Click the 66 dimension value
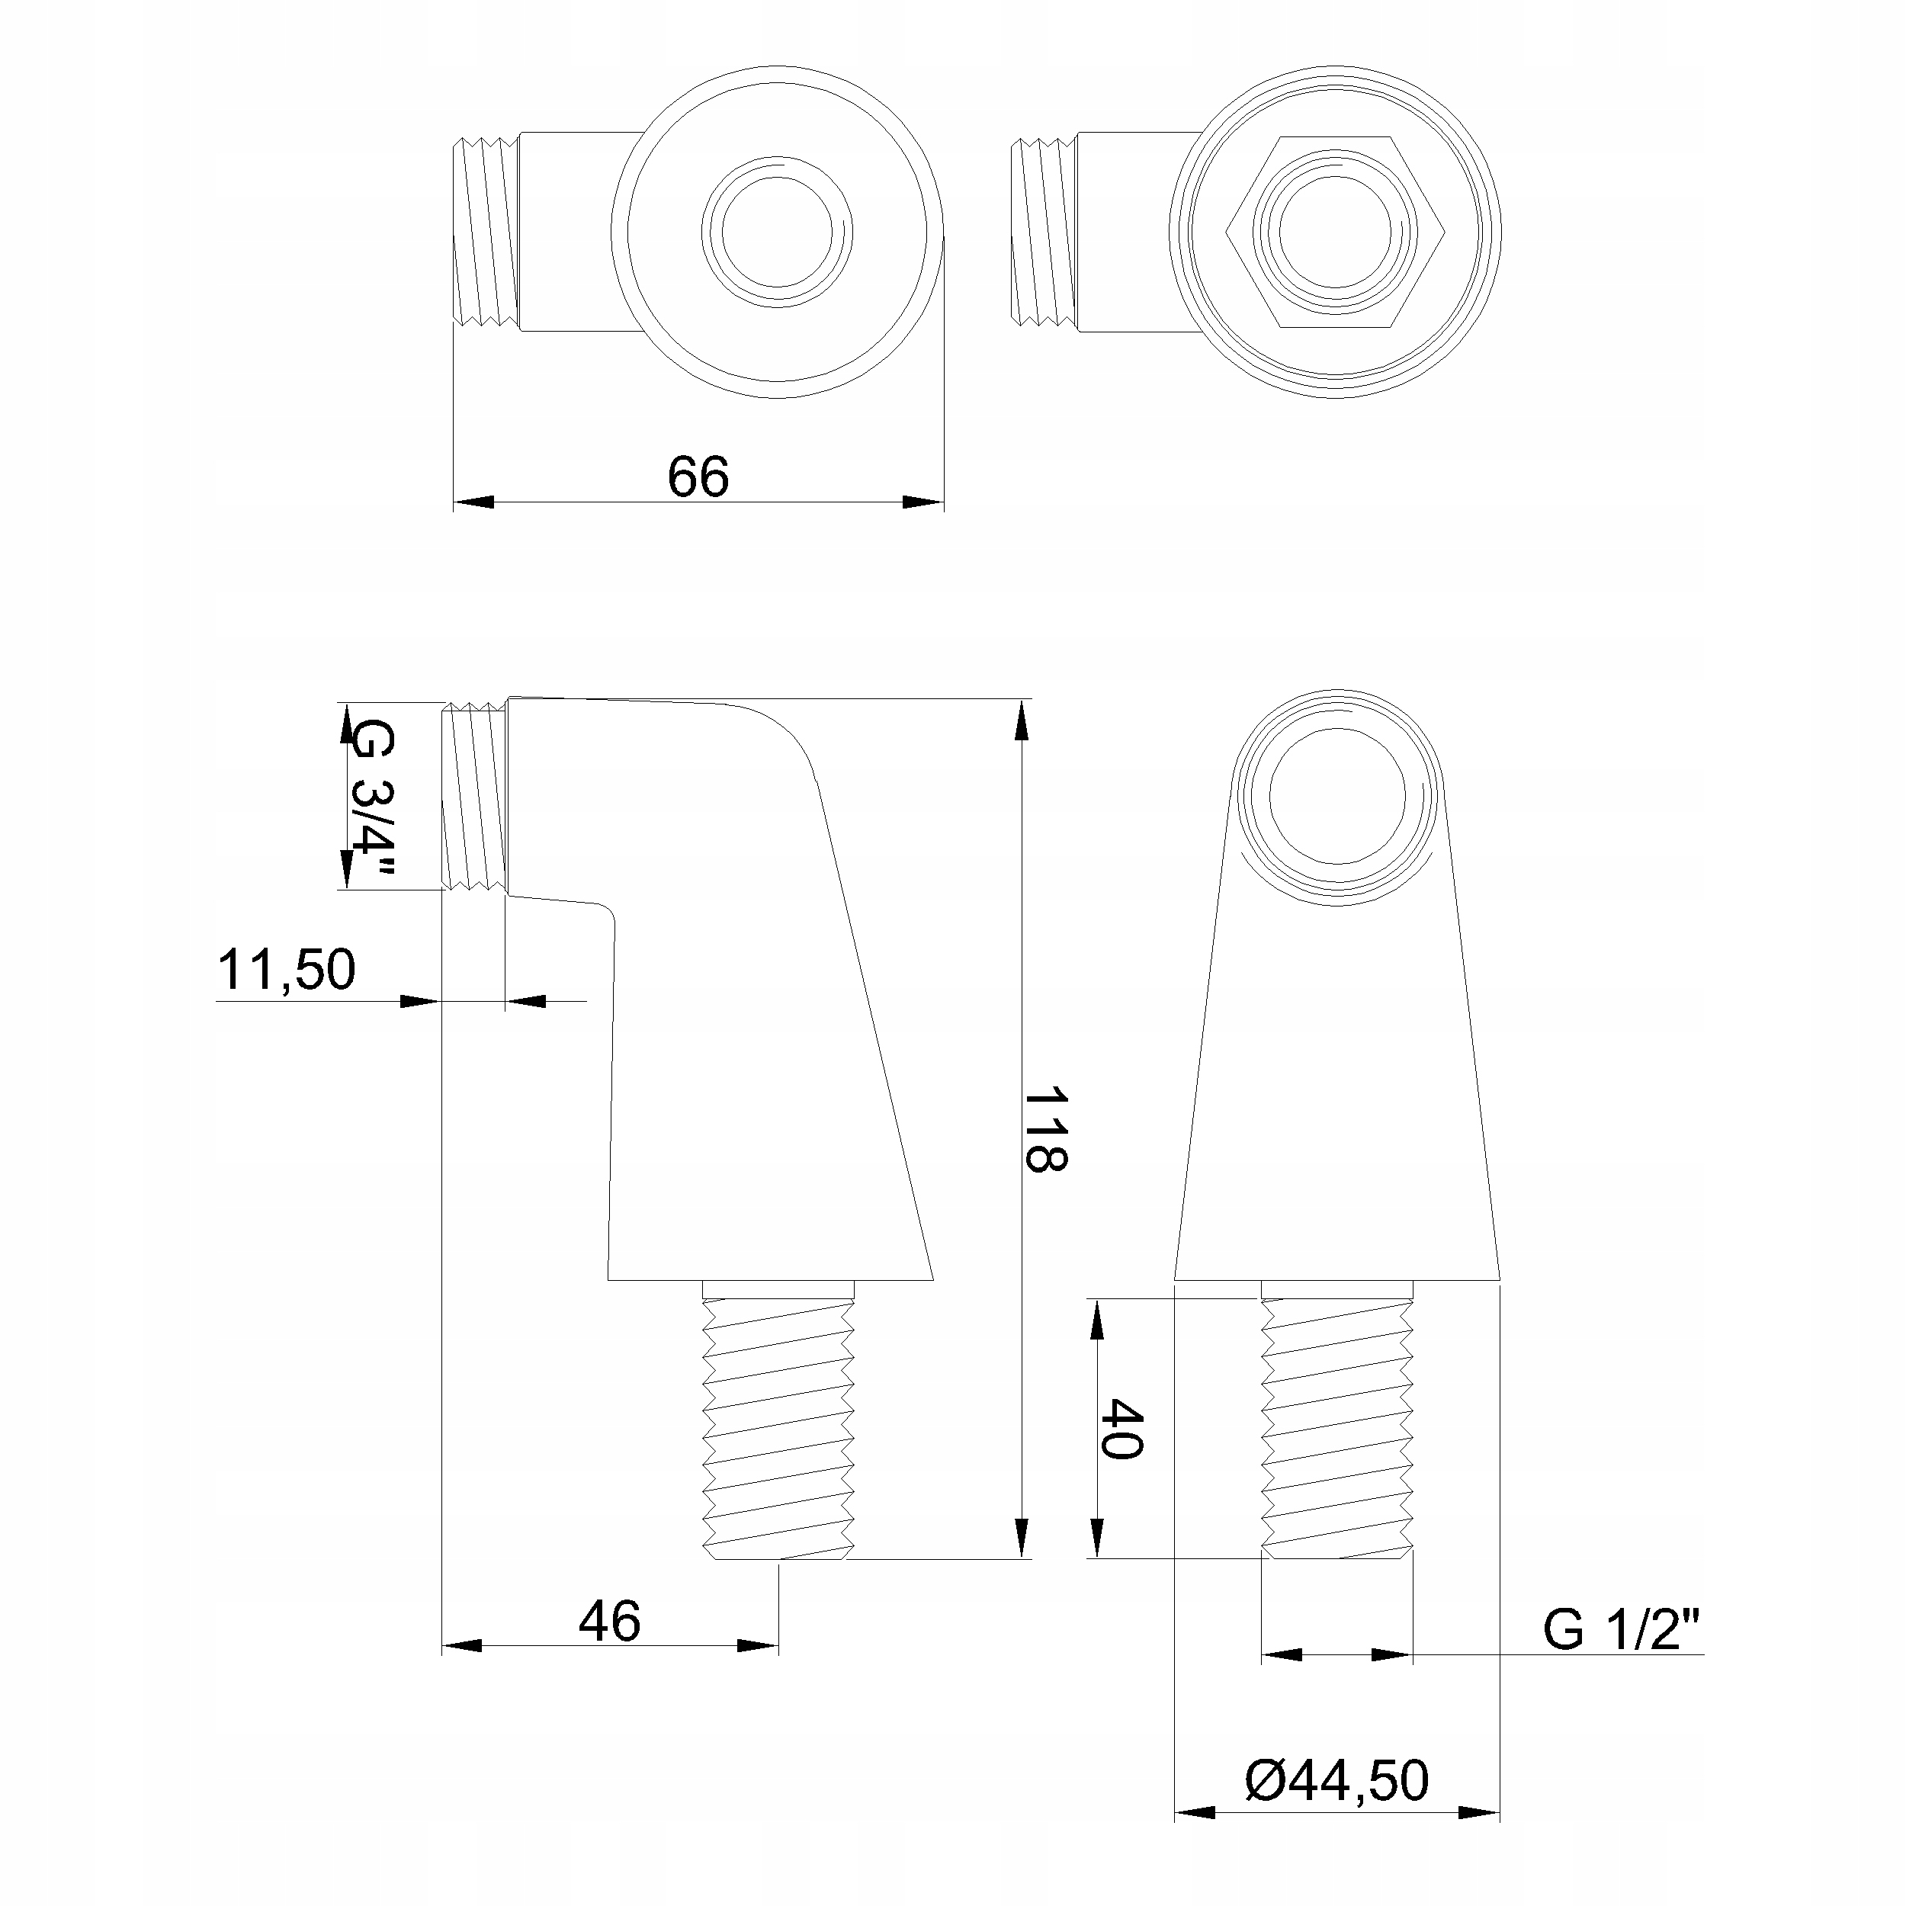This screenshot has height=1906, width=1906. point(698,476)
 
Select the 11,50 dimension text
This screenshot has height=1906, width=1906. point(286,969)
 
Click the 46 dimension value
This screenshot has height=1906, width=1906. point(610,1621)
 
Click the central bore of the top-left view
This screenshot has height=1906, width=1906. point(778,232)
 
